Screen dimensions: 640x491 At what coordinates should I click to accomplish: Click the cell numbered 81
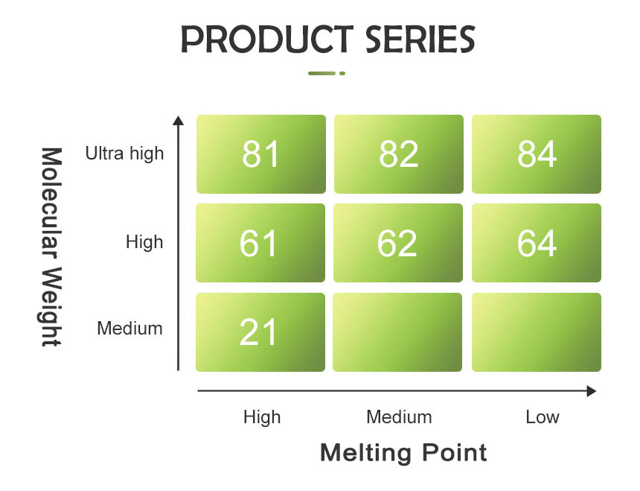pyautogui.click(x=260, y=154)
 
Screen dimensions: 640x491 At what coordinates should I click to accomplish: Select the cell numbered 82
pyautogui.click(x=399, y=154)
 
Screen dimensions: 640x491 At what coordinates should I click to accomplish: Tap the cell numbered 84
pyautogui.click(x=537, y=154)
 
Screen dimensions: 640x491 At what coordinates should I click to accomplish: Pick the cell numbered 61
pyautogui.click(x=260, y=243)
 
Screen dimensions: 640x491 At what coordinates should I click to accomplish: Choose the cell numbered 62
pyautogui.click(x=398, y=243)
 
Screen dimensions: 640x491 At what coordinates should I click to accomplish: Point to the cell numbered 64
pyautogui.click(x=537, y=243)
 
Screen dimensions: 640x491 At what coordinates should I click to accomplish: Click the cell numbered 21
pyautogui.click(x=260, y=332)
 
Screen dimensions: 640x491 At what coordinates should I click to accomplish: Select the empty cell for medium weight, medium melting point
pyautogui.click(x=397, y=332)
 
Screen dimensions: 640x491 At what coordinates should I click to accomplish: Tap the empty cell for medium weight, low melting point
pyautogui.click(x=537, y=332)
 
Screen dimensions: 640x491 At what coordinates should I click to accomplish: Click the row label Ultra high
pyautogui.click(x=124, y=153)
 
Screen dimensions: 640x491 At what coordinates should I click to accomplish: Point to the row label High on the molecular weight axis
pyautogui.click(x=144, y=242)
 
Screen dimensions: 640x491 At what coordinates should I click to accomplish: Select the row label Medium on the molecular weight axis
pyautogui.click(x=129, y=329)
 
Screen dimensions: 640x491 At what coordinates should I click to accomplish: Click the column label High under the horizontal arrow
pyautogui.click(x=262, y=417)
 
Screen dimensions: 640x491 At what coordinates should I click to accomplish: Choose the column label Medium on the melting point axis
pyautogui.click(x=399, y=417)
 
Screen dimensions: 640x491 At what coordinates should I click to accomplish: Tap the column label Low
pyautogui.click(x=543, y=417)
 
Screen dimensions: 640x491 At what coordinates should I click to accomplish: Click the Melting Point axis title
pyautogui.click(x=403, y=452)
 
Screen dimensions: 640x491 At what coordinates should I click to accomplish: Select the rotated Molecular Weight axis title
pyautogui.click(x=51, y=247)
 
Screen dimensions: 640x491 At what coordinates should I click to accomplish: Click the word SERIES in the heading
pyautogui.click(x=420, y=39)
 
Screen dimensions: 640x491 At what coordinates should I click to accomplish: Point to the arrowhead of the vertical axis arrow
pyautogui.click(x=179, y=120)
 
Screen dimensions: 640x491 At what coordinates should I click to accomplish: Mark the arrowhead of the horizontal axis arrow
pyautogui.click(x=592, y=391)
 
